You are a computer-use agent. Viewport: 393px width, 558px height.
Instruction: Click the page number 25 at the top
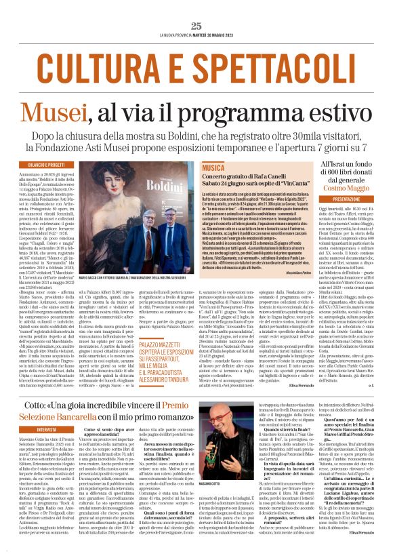[x=196, y=26]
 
